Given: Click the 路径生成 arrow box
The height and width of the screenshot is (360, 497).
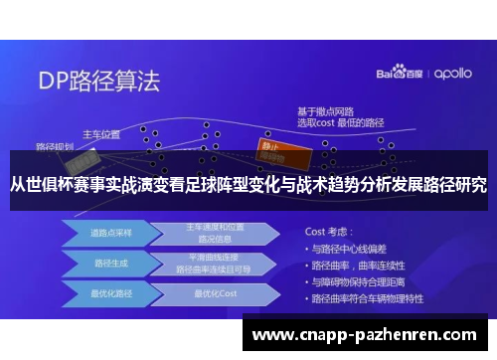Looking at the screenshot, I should point(103,265).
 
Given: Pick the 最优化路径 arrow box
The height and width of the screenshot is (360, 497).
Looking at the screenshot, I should point(103,293).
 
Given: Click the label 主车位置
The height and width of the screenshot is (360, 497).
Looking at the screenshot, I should point(100,133).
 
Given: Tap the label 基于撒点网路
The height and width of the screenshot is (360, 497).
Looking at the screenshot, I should point(326,111).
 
